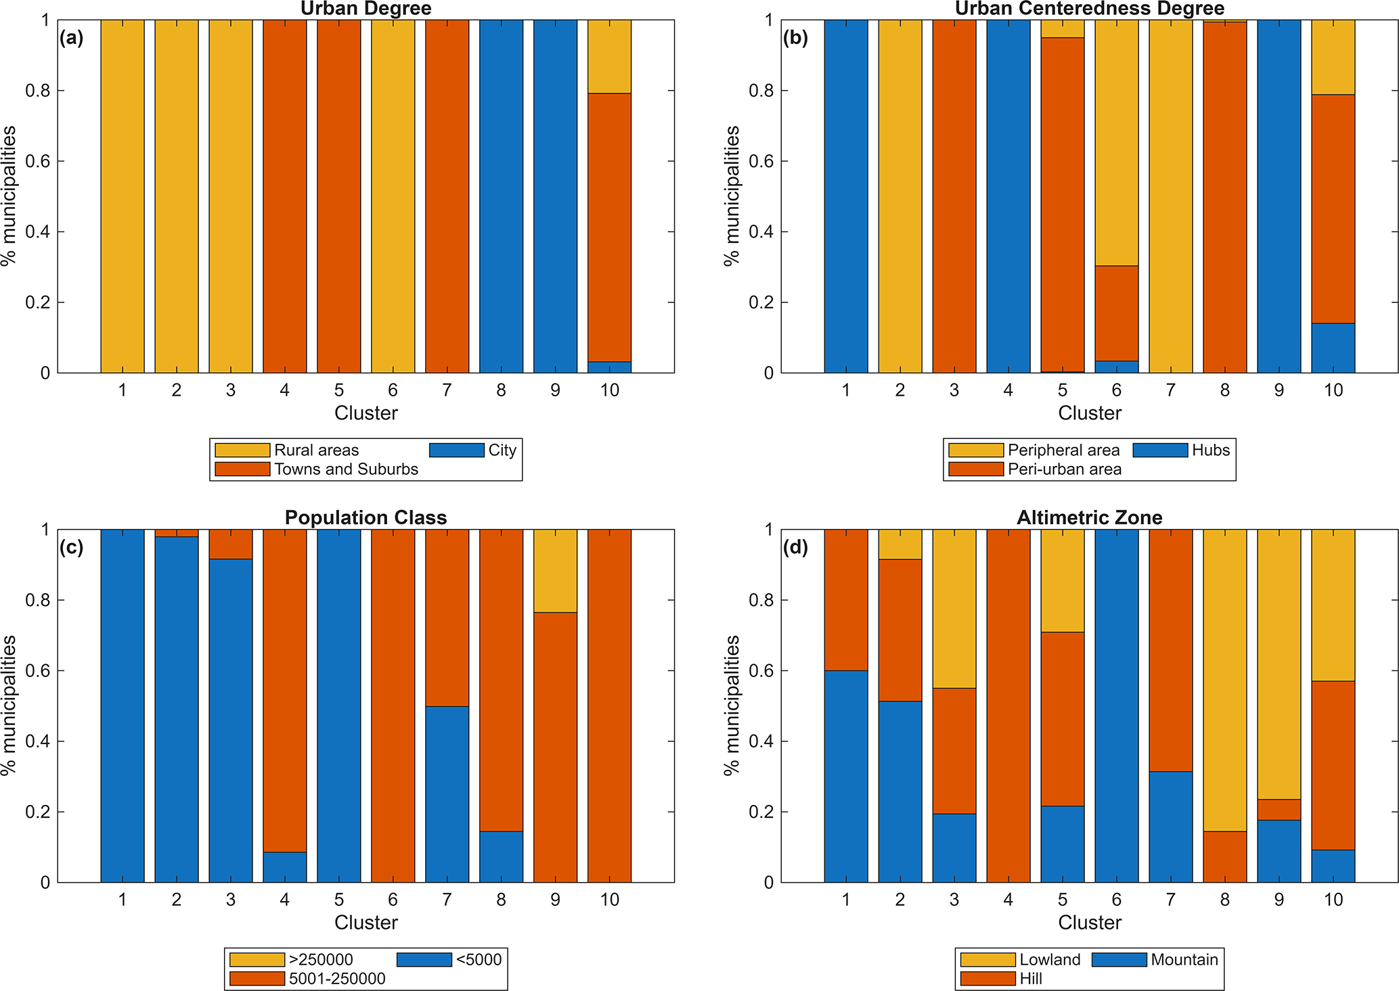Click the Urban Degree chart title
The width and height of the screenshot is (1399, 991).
tap(365, 9)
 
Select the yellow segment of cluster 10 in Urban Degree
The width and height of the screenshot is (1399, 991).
tap(609, 57)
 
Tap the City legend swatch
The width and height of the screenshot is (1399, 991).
tap(457, 451)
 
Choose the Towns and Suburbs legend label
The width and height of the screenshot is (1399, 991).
tap(346, 469)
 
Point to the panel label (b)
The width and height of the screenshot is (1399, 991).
tap(795, 38)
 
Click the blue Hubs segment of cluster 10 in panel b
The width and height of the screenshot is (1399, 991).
tap(1333, 348)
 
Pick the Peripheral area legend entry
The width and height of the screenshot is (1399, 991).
tap(1063, 451)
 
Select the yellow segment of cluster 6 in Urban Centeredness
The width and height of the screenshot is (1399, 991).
tap(1116, 143)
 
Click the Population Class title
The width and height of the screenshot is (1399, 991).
tap(365, 518)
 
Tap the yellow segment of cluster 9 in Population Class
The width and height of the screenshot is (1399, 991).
tap(555, 571)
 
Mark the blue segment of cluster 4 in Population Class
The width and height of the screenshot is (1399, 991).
tap(284, 867)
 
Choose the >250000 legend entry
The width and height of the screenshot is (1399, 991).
tap(321, 960)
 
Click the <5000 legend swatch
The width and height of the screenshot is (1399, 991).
tap(424, 960)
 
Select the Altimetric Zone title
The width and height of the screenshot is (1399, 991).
tap(1089, 518)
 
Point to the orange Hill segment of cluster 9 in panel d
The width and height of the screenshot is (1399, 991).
tap(1279, 810)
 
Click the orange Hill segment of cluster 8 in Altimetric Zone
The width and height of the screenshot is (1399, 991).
tap(1224, 856)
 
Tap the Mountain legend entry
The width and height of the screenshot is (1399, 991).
tap(1184, 960)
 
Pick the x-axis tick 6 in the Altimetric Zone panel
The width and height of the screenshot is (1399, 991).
tap(1116, 900)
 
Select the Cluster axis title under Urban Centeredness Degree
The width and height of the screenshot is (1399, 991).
tap(1089, 413)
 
